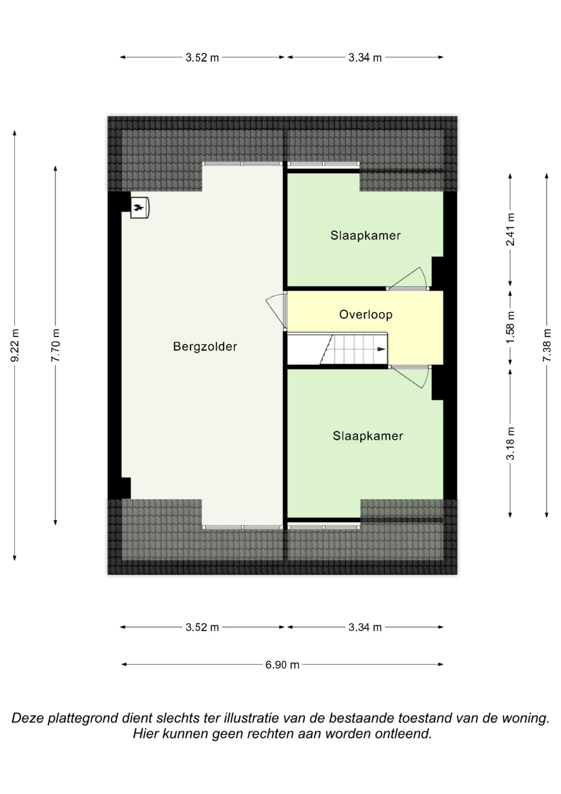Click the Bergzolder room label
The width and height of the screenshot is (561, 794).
(x=205, y=347)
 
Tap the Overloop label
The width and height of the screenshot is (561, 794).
(x=366, y=314)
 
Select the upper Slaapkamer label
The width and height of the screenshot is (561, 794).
(x=365, y=235)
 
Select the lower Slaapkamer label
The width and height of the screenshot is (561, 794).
(x=368, y=436)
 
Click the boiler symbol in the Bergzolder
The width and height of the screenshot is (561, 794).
(x=140, y=207)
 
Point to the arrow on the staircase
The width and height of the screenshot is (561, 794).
(x=381, y=349)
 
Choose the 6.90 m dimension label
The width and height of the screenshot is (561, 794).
(x=282, y=665)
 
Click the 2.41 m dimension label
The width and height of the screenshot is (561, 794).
(x=510, y=229)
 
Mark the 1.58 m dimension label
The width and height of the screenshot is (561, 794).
(x=510, y=327)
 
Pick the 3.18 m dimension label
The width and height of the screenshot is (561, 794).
(x=510, y=443)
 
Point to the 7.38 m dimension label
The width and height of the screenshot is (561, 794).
(x=546, y=345)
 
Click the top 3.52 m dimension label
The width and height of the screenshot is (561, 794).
(x=202, y=58)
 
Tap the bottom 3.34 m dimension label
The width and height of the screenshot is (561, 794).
(x=365, y=627)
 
